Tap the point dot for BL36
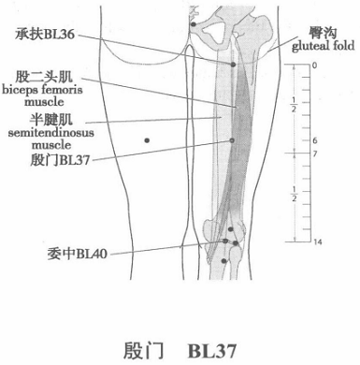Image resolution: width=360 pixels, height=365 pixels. (233, 65)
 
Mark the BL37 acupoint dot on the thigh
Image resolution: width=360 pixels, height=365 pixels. (232, 140)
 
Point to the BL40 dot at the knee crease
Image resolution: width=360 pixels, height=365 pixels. (225, 243)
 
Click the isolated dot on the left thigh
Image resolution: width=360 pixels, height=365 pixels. (148, 140)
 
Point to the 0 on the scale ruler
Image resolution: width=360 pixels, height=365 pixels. (315, 66)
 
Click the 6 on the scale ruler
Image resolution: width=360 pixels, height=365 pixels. (315, 140)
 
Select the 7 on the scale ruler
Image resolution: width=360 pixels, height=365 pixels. (315, 153)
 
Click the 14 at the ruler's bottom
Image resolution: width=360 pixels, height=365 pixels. (317, 242)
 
